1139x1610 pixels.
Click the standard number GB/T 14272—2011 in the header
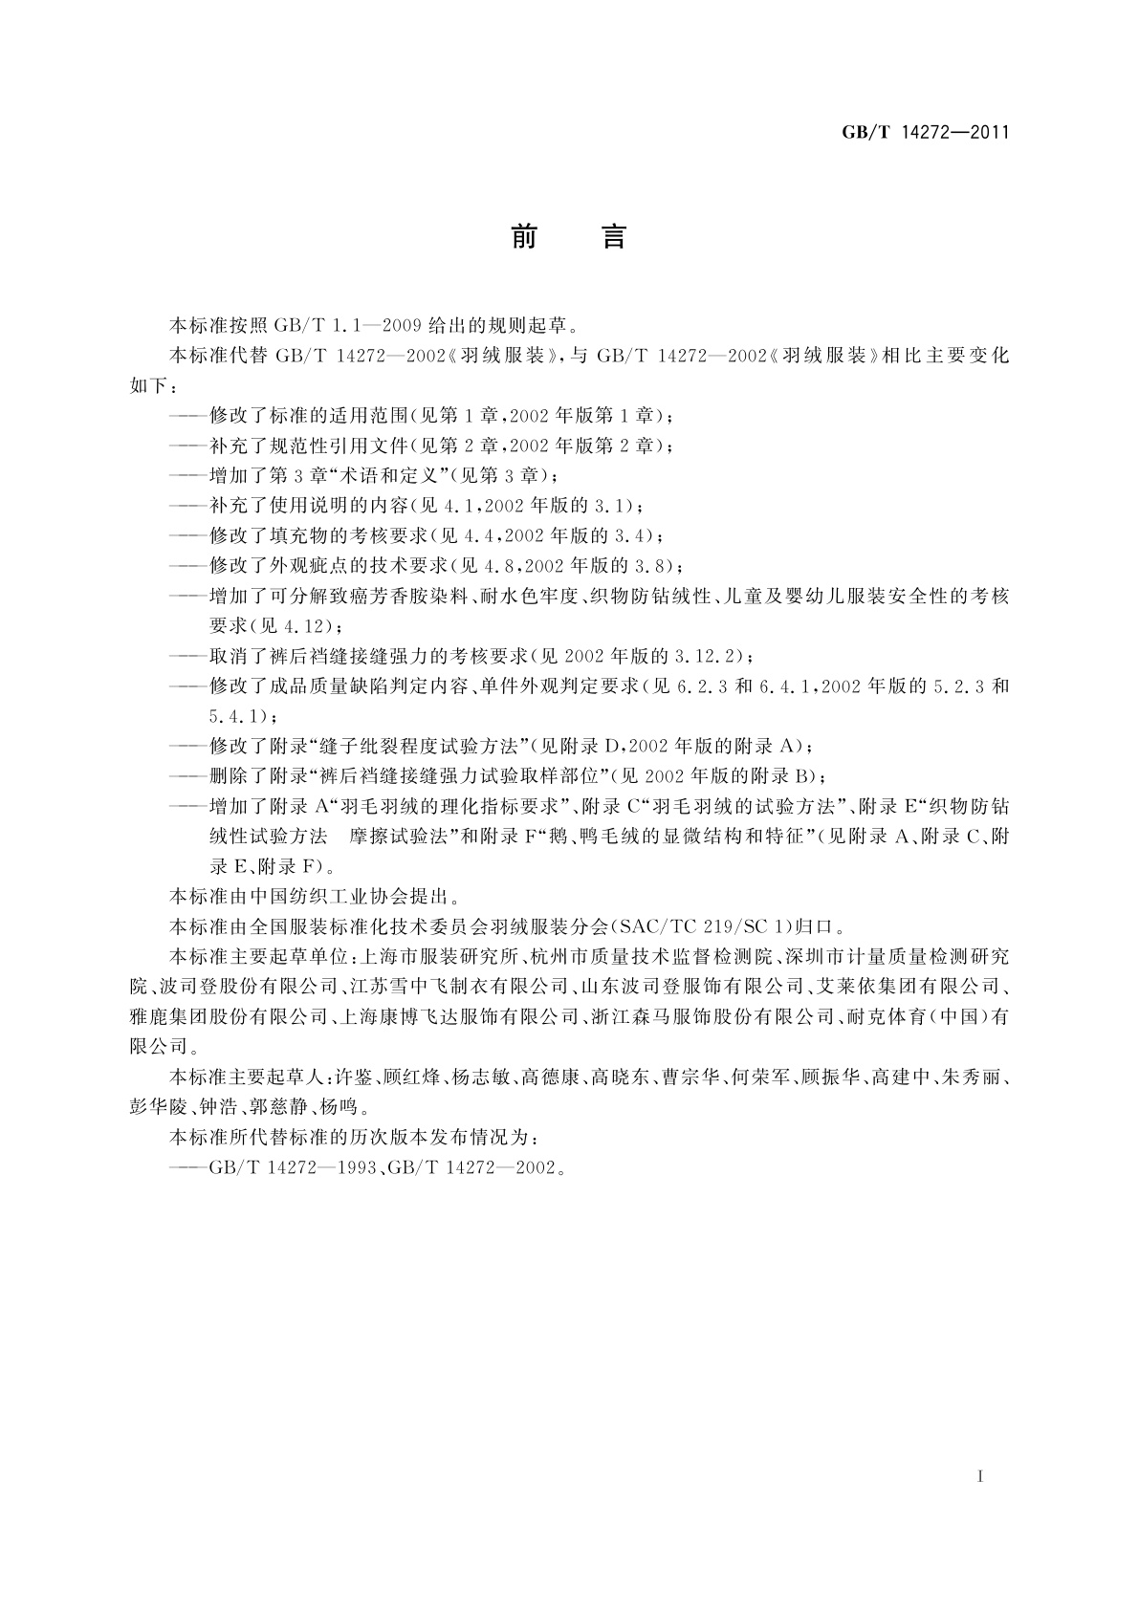[x=925, y=132]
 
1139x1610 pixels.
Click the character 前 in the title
[x=524, y=237]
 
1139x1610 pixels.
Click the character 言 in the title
[x=613, y=237]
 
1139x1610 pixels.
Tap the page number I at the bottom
[x=980, y=1476]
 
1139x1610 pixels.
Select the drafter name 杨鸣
[x=340, y=1108]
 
